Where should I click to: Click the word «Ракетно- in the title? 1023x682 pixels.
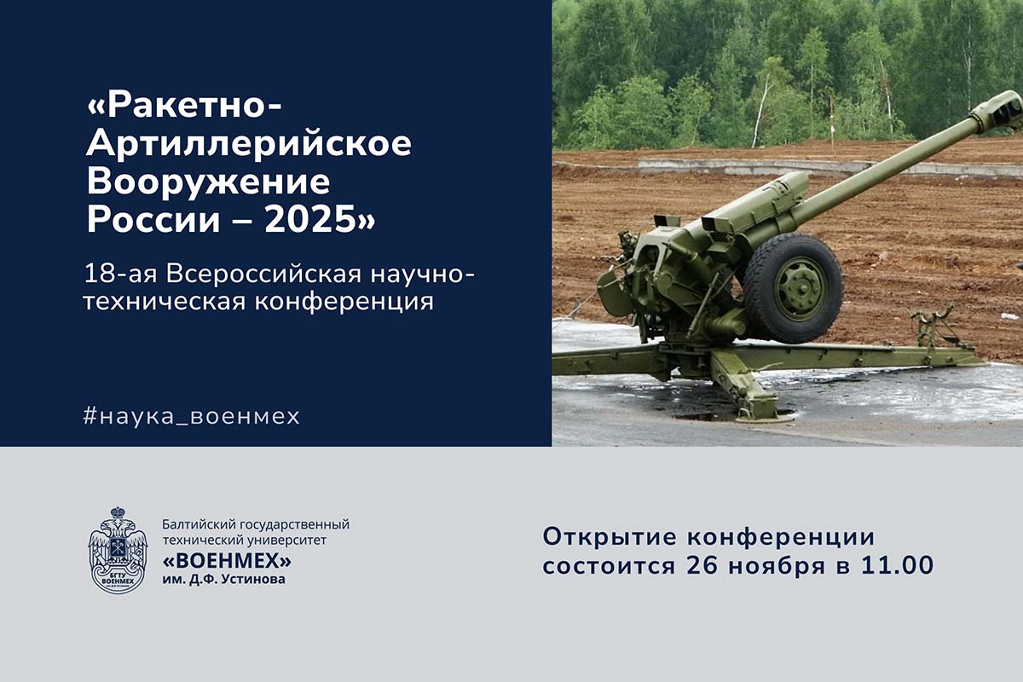pyautogui.click(x=183, y=106)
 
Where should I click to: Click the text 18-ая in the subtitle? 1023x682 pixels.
pyautogui.click(x=120, y=275)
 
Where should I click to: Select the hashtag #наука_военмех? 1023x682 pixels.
pyautogui.click(x=192, y=416)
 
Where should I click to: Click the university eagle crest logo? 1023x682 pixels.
pyautogui.click(x=118, y=550)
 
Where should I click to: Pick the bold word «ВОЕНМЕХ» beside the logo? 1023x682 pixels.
pyautogui.click(x=227, y=561)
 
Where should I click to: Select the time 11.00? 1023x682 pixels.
pyautogui.click(x=898, y=565)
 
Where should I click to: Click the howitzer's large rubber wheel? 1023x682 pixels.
pyautogui.click(x=794, y=288)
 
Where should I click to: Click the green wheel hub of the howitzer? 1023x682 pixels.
pyautogui.click(x=800, y=289)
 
